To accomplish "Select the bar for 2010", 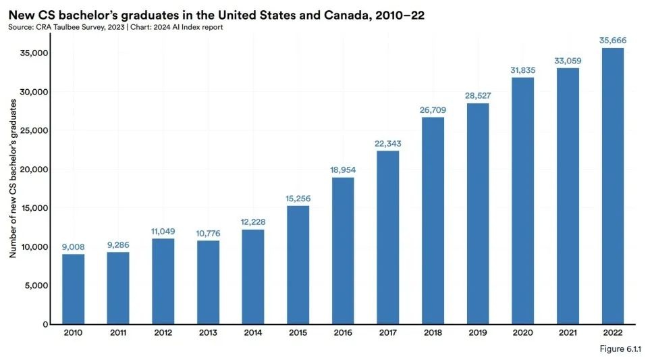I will [74, 289].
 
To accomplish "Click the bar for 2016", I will [344, 251].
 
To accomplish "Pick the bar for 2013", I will [209, 282].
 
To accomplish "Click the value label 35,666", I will [613, 41].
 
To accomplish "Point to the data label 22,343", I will [388, 143].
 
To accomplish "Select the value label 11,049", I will [163, 231].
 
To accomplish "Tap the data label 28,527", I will [478, 96].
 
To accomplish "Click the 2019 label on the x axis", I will [478, 333].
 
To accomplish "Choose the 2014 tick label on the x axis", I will [253, 333].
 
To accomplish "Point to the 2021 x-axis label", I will [568, 333].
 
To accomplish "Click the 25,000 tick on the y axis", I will [35, 130].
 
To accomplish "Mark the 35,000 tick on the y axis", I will [35, 53].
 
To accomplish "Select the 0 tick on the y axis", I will [46, 324].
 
